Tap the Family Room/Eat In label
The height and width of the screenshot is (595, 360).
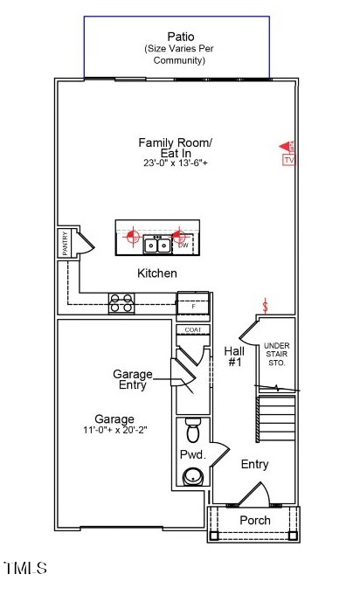175,147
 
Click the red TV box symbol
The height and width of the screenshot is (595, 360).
289,160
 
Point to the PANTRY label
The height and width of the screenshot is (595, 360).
65,244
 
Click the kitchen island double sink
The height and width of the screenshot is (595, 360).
157,243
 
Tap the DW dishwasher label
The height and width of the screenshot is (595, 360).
183,246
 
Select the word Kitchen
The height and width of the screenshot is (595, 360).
157,273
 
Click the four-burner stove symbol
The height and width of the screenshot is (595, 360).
121,303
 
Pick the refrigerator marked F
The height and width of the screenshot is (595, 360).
193,306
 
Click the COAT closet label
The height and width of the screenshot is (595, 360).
193,329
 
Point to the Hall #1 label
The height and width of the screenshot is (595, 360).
234,356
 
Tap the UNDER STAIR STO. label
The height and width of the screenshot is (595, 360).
276,355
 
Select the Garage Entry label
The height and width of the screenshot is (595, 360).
133,380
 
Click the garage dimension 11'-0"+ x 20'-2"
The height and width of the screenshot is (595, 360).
115,431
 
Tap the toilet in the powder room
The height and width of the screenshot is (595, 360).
193,431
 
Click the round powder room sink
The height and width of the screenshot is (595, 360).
193,476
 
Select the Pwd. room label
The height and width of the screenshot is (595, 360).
192,455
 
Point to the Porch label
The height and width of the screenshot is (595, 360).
255,520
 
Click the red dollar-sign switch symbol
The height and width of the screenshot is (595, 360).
267,305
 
